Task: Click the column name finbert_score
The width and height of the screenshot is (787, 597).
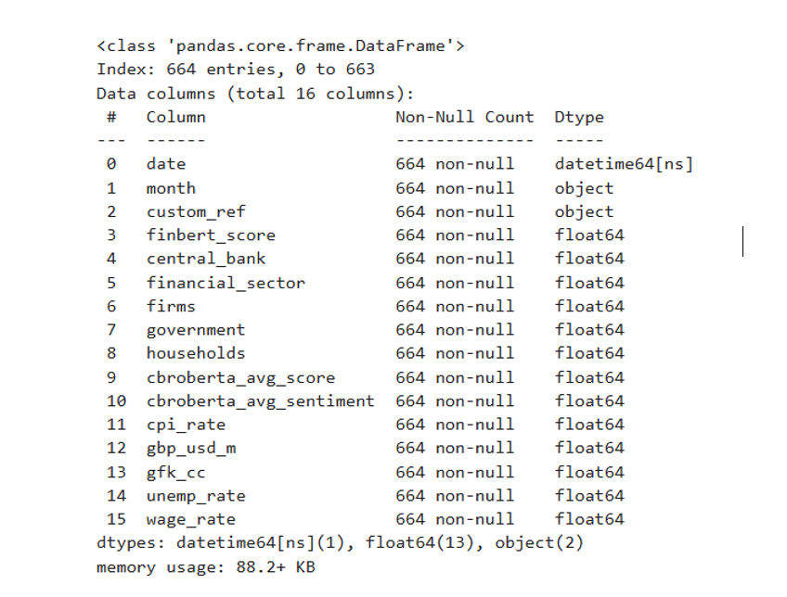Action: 210,235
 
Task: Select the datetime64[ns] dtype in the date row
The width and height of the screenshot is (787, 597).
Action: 624,164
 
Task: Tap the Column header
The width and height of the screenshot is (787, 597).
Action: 175,117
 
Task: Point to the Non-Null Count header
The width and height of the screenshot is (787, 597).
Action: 464,117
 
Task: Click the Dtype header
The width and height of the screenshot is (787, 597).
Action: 579,117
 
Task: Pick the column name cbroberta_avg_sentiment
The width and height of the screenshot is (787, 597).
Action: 260,400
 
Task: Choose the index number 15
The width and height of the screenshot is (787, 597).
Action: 115,519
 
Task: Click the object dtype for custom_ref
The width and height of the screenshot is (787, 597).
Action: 584,211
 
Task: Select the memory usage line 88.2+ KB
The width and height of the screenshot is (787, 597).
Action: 205,566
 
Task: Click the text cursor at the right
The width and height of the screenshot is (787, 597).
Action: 743,242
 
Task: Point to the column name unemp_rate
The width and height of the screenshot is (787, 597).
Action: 195,496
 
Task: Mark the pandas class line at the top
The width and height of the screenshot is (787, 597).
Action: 280,45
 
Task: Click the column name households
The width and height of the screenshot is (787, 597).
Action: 195,353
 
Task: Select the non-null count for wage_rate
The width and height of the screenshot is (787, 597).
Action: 454,519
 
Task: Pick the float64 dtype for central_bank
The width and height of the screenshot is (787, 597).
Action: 589,259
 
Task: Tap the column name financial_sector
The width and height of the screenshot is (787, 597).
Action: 225,283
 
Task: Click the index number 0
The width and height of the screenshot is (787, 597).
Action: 111,164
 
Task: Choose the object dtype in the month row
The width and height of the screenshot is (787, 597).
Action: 584,188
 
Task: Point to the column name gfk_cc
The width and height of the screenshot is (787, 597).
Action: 175,472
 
